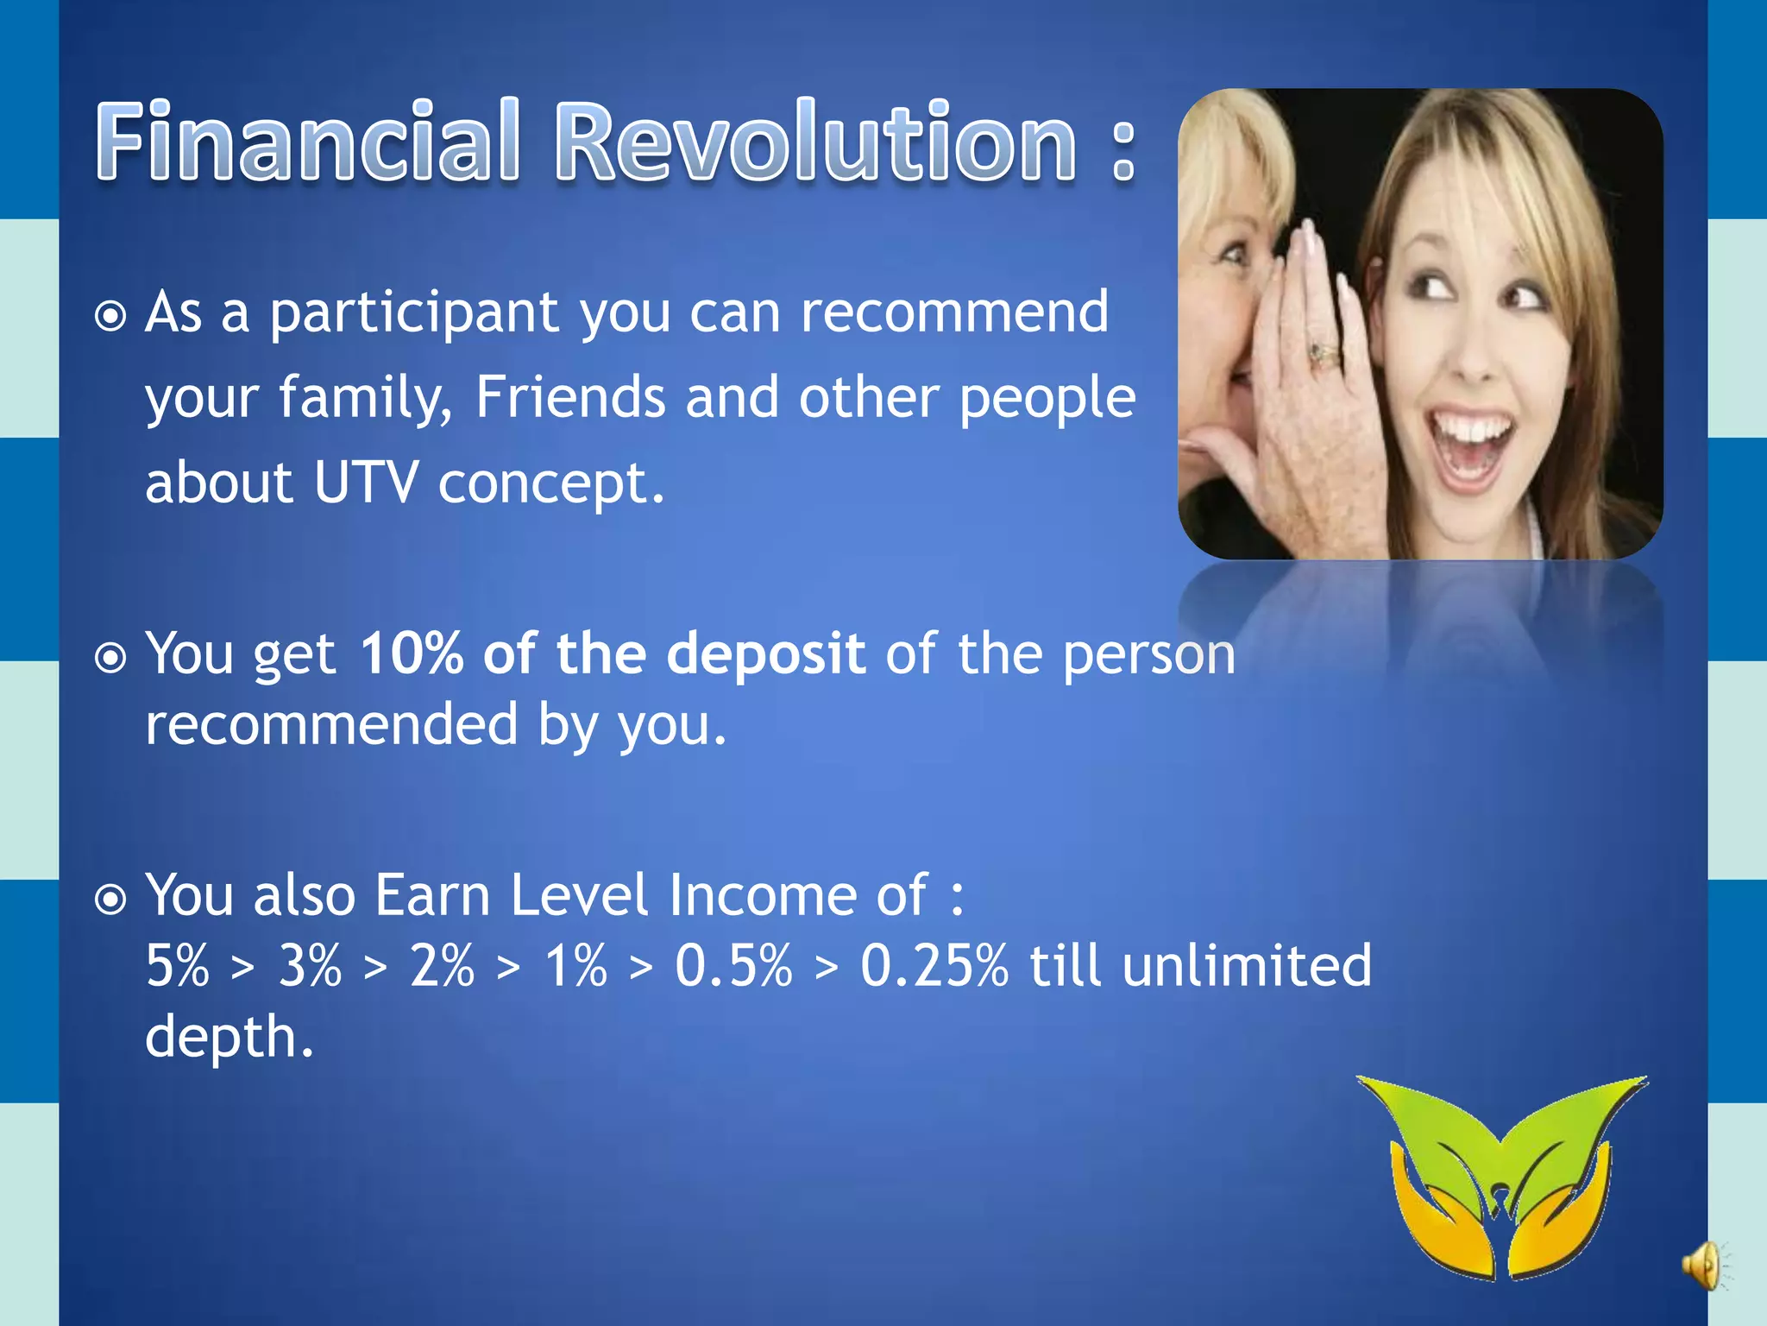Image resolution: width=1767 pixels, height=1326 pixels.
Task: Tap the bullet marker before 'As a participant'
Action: click(110, 316)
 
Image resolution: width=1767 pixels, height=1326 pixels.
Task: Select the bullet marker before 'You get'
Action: click(110, 659)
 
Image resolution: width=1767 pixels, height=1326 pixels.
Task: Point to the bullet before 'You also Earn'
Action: click(110, 900)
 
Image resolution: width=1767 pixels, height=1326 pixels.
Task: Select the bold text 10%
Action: click(412, 654)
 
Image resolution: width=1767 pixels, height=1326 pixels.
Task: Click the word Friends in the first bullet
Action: click(569, 397)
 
